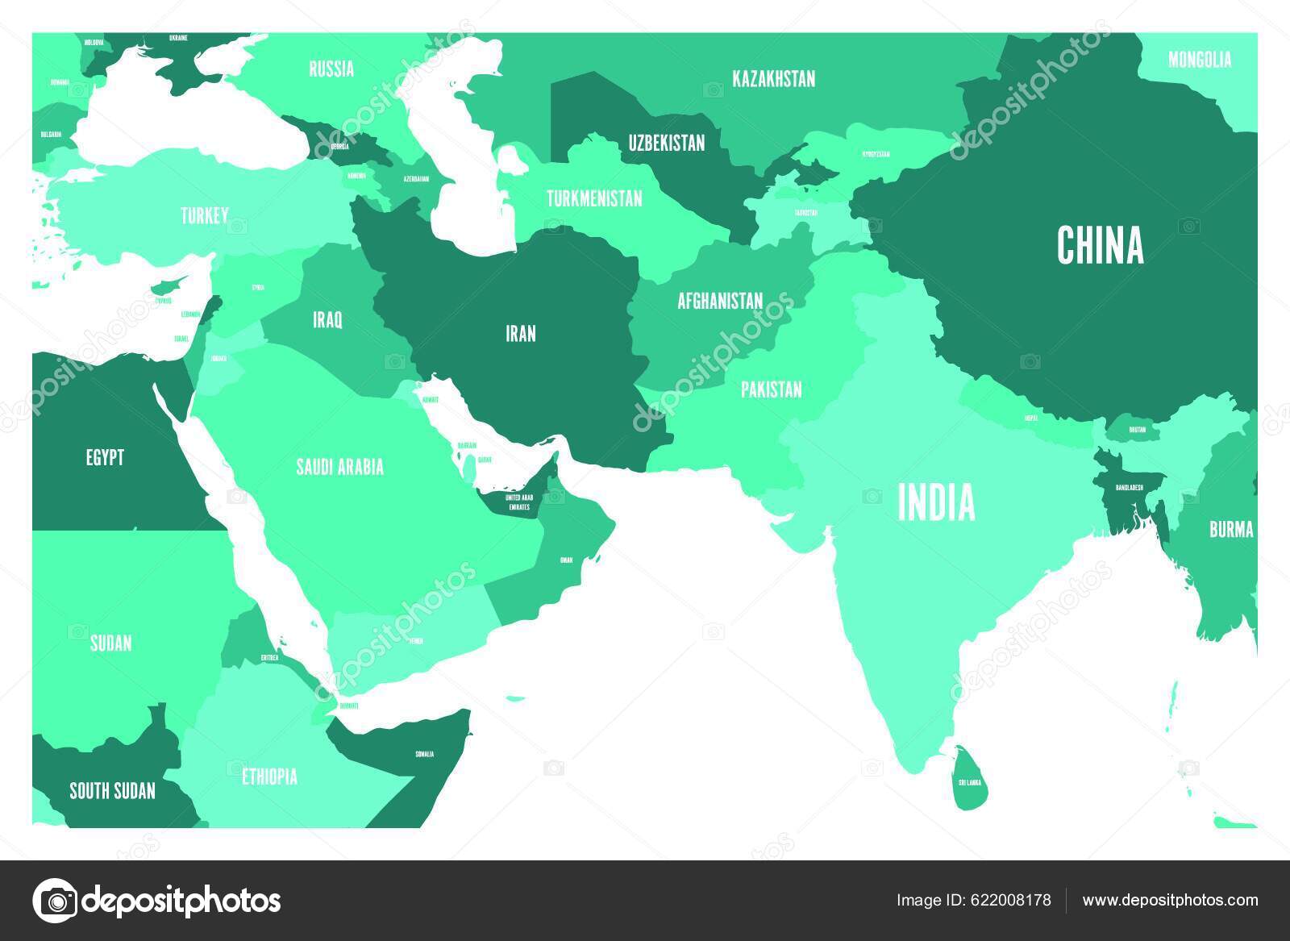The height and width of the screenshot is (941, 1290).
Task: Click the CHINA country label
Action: coord(1100,245)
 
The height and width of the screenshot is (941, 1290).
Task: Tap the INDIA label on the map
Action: coord(936,502)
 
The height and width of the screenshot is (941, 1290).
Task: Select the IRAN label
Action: coord(520,333)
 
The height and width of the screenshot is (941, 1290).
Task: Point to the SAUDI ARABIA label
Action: coord(339,466)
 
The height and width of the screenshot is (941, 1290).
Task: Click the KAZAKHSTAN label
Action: coord(773,78)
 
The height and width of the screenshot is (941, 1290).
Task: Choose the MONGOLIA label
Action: coord(1200,59)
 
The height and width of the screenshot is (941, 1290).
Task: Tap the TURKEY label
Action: coord(204,215)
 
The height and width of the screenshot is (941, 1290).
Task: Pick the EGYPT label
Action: coord(105,457)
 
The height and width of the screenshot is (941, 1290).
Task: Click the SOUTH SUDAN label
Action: coord(112,790)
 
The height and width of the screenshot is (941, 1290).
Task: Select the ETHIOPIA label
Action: coord(269,777)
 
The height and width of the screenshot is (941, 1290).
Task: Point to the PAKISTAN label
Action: coord(772,389)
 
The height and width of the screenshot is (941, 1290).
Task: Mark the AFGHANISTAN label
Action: coord(720,301)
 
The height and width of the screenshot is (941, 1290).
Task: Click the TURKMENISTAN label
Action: coord(594,198)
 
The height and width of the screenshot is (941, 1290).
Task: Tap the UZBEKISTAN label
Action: coord(667,143)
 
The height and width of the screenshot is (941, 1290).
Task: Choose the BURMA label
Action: coord(1231,529)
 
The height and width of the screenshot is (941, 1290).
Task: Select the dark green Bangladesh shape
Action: coord(1125,492)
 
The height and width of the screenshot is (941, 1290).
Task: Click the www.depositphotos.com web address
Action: coord(1170,900)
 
